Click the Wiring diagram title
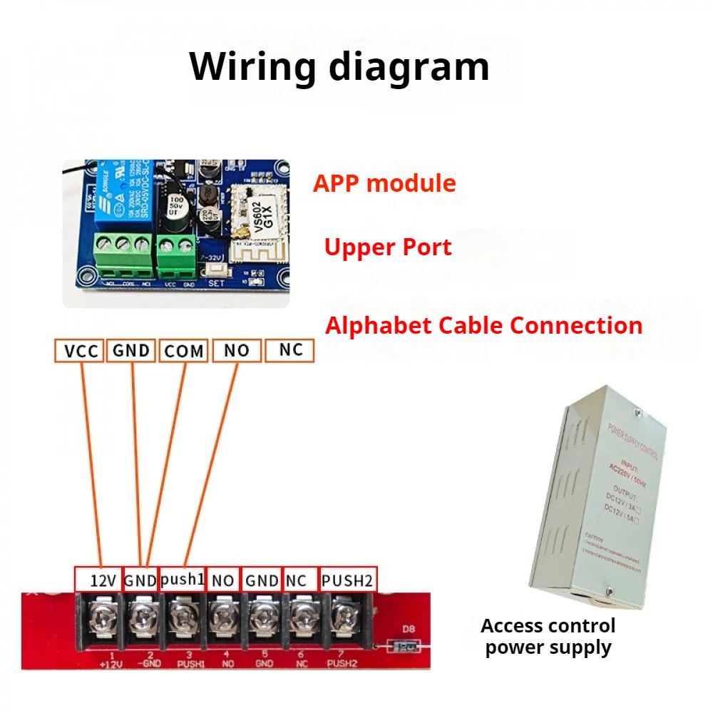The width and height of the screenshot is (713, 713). pyautogui.click(x=339, y=66)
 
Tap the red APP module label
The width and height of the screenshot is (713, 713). pyautogui.click(x=384, y=183)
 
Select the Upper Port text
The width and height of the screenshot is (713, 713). pyautogui.click(x=388, y=247)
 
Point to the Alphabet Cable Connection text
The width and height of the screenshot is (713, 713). pyautogui.click(x=483, y=326)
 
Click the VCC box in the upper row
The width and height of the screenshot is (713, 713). pyautogui.click(x=80, y=351)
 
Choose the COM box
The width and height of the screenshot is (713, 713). pyautogui.click(x=183, y=351)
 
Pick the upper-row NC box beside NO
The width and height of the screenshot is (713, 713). pyautogui.click(x=289, y=350)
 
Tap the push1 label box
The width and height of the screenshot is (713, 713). pyautogui.click(x=182, y=579)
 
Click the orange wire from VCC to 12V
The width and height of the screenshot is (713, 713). pyautogui.click(x=91, y=463)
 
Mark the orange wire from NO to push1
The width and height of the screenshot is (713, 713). pyautogui.click(x=212, y=463)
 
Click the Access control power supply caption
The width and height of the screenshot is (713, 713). pyautogui.click(x=548, y=637)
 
